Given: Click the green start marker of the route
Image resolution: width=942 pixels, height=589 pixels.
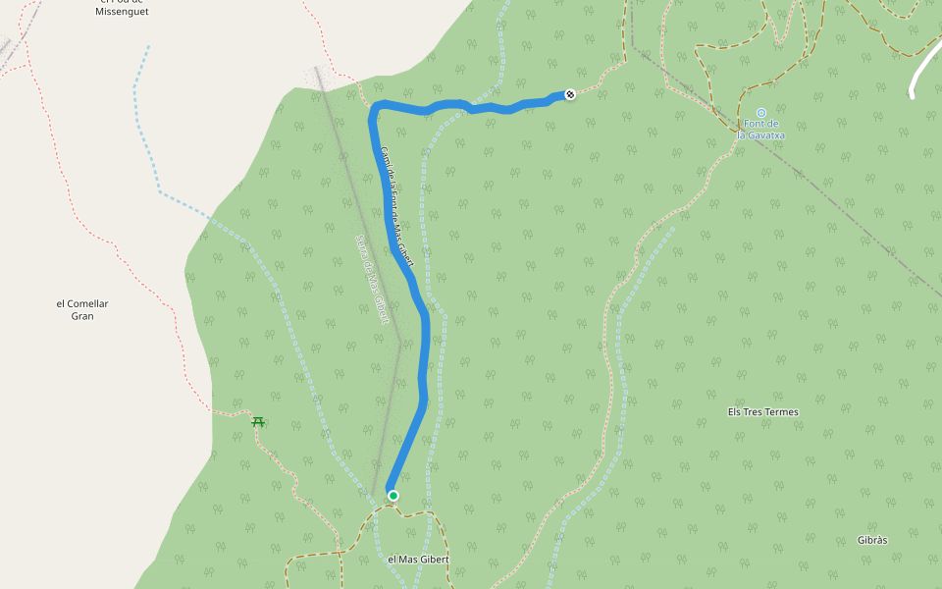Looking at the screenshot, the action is coord(392,496).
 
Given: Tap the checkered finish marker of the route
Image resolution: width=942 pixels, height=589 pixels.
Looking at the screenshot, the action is coord(570,94).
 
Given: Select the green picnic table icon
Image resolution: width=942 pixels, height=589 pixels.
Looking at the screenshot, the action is coord(259,422).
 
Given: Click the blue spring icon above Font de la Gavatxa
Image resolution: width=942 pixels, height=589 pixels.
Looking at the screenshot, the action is coord(761,113).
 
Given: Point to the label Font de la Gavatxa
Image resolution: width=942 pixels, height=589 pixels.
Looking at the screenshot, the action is coord(761,129).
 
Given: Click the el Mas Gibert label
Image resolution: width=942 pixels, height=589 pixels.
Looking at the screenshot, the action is coord(418,559).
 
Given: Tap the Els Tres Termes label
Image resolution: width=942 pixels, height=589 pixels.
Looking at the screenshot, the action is coord(763,411).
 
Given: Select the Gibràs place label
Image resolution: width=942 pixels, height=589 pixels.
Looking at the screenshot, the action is coord(872,540).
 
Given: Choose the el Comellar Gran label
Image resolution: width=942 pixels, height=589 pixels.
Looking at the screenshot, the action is coord(82,309).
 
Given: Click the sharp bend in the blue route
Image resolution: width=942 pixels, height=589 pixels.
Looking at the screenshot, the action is coord(374,108).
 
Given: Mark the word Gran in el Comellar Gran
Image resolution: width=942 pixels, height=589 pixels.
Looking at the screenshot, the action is coord(82,316).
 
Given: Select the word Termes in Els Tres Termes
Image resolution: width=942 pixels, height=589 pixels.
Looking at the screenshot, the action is coord(780,411).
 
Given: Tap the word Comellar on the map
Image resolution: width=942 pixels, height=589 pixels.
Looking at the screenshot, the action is coord(89,303).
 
